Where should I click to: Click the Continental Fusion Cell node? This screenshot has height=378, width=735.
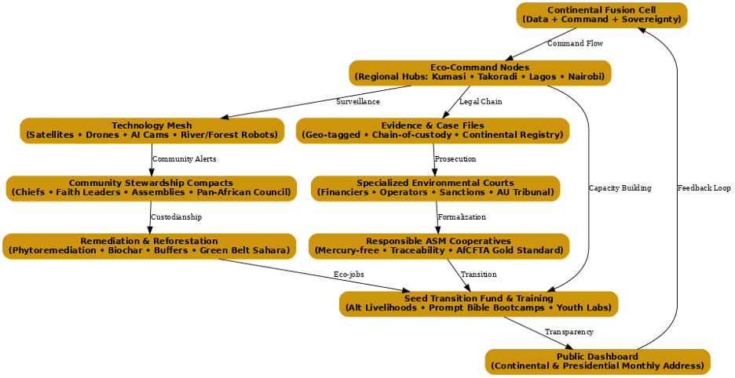602,15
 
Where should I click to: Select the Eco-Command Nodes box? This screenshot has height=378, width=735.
480,72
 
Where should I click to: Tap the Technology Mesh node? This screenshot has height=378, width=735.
152,130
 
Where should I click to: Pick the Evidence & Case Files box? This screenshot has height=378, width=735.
433,130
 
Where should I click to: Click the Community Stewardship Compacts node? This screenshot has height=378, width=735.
151,187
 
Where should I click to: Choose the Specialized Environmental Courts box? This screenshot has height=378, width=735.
435,187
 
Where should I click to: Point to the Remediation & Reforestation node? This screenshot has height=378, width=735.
149,245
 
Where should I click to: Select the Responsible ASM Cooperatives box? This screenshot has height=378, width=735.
438,245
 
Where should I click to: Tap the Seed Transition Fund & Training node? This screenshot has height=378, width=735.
478,303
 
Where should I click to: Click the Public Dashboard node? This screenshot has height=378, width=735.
598,362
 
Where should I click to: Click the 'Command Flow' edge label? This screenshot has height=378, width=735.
575,44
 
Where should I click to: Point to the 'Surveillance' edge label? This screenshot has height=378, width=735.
358,102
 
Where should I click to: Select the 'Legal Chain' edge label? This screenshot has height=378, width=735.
481,102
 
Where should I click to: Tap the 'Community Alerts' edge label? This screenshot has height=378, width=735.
185,159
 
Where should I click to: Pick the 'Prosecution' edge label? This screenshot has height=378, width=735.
455,159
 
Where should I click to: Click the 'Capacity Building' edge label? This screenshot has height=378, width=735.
620,188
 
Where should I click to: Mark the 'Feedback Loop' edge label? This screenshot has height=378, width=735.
704,188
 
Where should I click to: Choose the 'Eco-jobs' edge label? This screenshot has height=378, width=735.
349,274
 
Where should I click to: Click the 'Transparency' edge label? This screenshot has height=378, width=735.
569,333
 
